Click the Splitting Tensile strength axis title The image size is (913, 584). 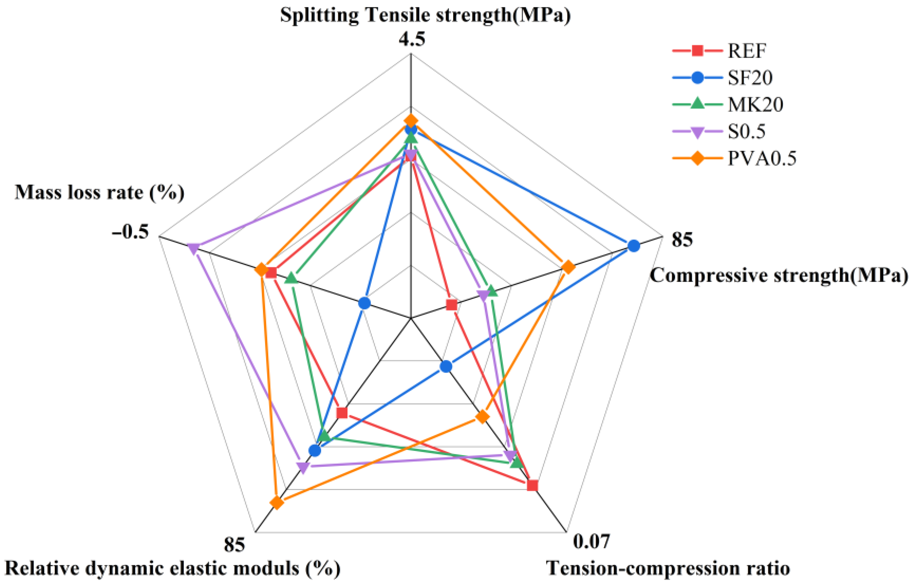click(425, 15)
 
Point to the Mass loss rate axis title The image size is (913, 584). click(99, 192)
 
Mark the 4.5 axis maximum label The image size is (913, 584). click(412, 39)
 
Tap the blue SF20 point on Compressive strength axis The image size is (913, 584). click(633, 246)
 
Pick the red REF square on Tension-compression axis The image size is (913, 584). click(532, 486)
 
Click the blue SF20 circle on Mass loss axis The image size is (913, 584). click(364, 303)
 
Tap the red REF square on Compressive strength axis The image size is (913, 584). click(451, 305)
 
